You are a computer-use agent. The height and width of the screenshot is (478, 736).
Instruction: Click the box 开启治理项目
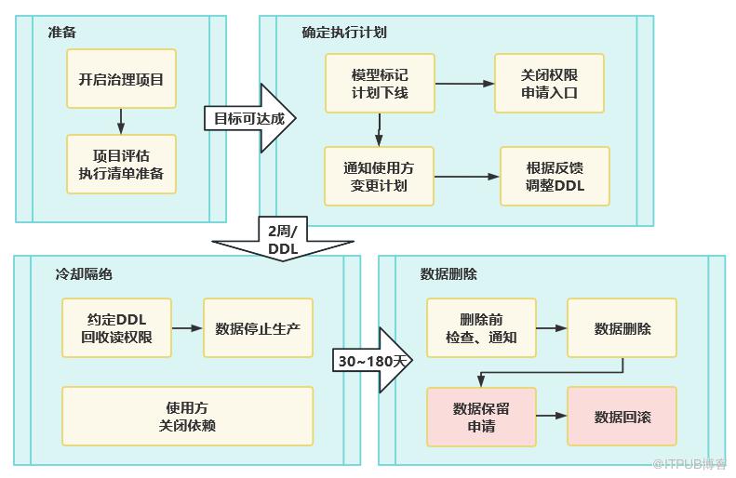point(121,79)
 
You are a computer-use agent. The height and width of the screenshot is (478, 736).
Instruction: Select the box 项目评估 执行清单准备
point(121,165)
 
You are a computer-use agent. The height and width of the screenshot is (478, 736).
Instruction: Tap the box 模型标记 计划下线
point(379,84)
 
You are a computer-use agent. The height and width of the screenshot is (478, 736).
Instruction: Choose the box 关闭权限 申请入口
point(549,84)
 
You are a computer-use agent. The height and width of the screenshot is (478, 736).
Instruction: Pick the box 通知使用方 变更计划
point(379,177)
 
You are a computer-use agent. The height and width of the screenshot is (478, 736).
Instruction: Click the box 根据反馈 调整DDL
point(555,177)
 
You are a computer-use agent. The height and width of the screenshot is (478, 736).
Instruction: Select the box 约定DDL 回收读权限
point(118,328)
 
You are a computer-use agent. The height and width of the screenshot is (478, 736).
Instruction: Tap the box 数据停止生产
point(258,328)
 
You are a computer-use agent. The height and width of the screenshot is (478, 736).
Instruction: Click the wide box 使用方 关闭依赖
point(187,416)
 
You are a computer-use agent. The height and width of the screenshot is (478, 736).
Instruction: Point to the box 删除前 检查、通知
point(481,328)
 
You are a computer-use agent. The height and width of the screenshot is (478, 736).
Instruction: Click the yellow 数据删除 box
point(622,328)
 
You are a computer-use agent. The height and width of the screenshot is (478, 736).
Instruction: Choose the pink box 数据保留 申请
point(481,417)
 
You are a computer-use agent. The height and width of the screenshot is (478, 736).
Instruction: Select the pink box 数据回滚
point(622,417)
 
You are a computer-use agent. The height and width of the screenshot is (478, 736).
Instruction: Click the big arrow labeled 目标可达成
point(249,118)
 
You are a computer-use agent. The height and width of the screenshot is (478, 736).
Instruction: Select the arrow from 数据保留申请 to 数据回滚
point(552,417)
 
